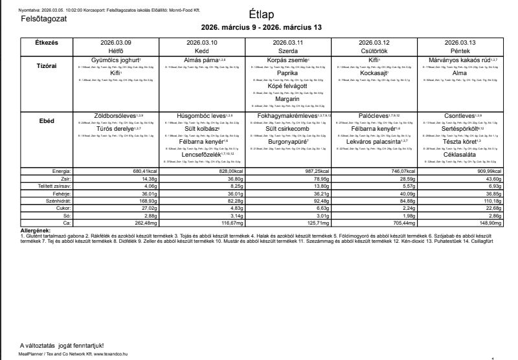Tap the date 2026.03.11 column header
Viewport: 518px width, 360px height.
tap(290, 42)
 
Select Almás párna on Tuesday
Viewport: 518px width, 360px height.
tap(199, 60)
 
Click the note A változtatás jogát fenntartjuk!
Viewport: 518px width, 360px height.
tap(62, 346)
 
